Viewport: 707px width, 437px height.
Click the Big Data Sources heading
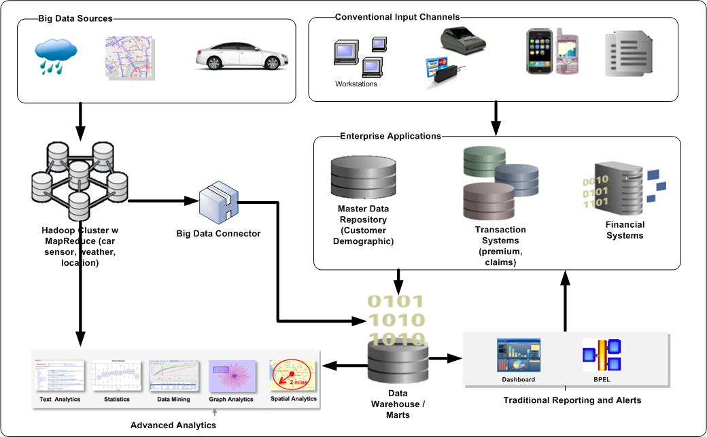(75, 18)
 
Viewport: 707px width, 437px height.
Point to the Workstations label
(356, 84)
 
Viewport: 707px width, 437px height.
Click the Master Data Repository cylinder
(362, 176)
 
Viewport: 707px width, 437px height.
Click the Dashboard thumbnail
(518, 355)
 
